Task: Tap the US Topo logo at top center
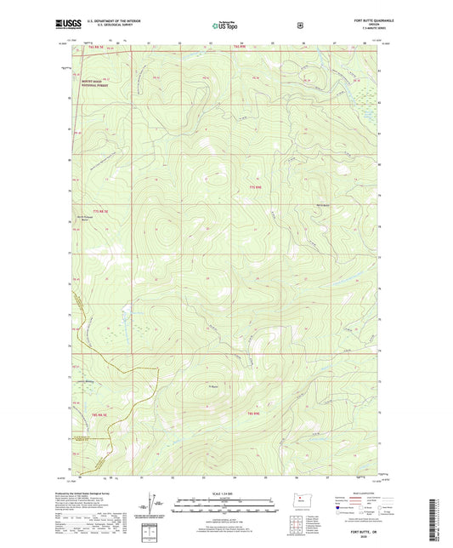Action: tap(225, 26)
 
